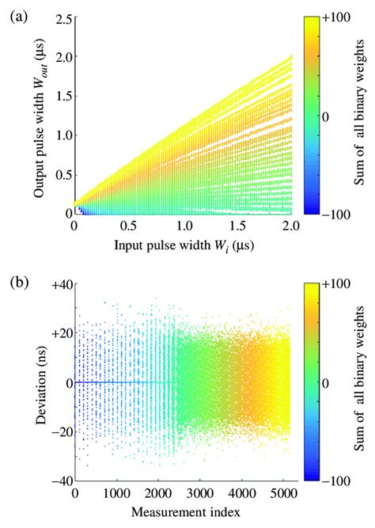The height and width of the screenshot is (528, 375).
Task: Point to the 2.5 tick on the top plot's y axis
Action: point(59,17)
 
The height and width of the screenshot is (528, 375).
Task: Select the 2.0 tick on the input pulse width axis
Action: point(292,225)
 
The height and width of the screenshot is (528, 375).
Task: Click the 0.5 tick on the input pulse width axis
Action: point(128,225)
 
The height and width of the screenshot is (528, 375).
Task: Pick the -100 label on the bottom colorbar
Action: point(338,481)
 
